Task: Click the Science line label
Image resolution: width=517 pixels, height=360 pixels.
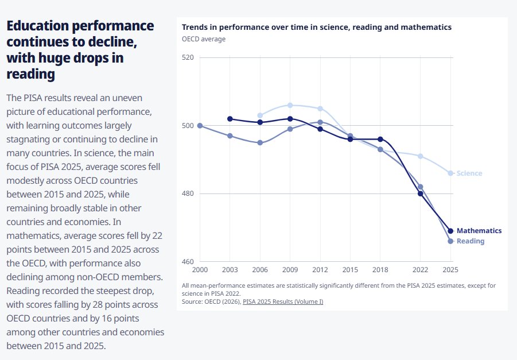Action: point(469,173)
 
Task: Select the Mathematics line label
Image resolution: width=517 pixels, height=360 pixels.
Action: point(479,231)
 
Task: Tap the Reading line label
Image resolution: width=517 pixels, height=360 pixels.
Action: point(471,241)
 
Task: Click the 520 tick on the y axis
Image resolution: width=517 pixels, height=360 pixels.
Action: point(188,57)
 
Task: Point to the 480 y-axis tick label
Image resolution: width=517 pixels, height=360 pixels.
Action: point(188,193)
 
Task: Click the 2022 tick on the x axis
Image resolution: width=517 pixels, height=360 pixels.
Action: point(421,270)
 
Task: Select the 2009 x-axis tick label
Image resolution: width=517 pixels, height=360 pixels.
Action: point(290,270)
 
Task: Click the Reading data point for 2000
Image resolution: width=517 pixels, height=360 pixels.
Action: point(200,126)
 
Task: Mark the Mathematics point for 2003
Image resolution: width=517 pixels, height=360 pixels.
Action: point(230,119)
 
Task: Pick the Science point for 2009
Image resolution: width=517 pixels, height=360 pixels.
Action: point(290,105)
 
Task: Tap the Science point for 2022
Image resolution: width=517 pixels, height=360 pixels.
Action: point(421,156)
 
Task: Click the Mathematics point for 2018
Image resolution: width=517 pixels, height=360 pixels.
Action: point(380,140)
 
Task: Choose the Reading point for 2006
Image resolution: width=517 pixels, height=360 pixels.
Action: point(260,143)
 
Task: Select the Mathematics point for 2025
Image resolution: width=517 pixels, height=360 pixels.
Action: point(450,231)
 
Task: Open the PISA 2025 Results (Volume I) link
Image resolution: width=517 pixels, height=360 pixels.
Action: point(283,301)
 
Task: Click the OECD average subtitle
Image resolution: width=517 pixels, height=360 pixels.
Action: point(204,39)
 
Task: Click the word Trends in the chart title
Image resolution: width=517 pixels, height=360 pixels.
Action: point(194,27)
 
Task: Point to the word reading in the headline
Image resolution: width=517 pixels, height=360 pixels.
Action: point(30,74)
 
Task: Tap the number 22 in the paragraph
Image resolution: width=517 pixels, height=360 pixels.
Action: point(157,235)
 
